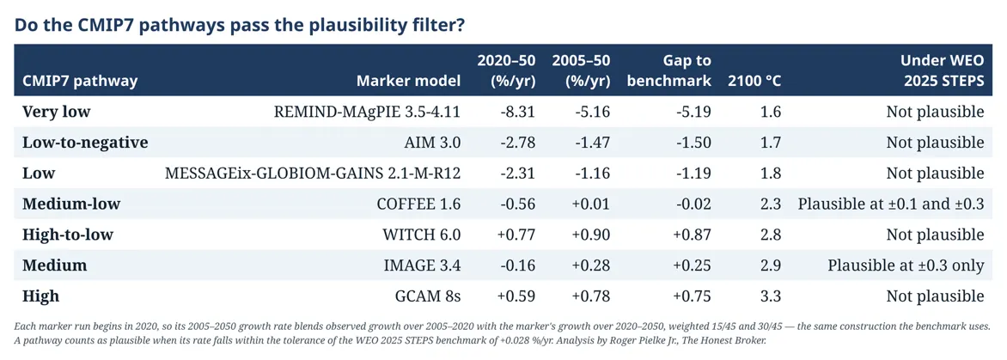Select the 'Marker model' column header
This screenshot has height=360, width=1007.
tap(409, 81)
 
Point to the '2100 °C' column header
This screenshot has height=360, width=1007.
tap(754, 81)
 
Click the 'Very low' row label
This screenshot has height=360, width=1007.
tap(57, 112)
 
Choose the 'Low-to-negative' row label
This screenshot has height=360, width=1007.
tap(85, 143)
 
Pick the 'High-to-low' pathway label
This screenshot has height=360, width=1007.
tap(67, 235)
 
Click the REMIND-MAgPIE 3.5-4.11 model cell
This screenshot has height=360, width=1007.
tap(368, 112)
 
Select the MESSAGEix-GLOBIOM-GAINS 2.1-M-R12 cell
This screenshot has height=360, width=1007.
tap(313, 174)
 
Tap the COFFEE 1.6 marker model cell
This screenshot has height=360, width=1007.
tap(420, 204)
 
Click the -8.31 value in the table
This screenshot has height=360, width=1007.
tap(517, 112)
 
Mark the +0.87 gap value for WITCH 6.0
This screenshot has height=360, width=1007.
tap(691, 235)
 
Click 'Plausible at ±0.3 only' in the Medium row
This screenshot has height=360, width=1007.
tap(906, 265)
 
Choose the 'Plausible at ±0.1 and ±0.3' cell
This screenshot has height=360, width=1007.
tap(891, 204)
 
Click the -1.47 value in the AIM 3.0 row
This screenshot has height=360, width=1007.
tap(591, 143)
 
